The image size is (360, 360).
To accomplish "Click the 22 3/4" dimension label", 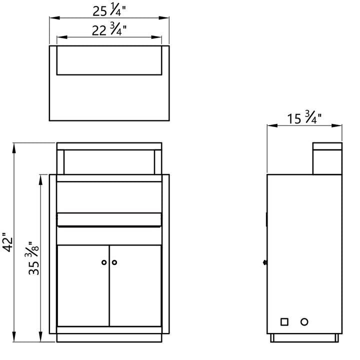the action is tap(109, 30).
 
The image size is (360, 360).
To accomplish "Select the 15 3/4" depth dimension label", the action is tap(304, 118).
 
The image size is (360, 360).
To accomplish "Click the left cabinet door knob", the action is tap(104, 262).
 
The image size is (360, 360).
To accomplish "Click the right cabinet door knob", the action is tap(114, 262).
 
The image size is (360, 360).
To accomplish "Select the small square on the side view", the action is tap(284, 322).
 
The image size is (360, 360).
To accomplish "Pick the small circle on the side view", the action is tap(304, 322).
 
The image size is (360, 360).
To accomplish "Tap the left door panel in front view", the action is tap(83, 285).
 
